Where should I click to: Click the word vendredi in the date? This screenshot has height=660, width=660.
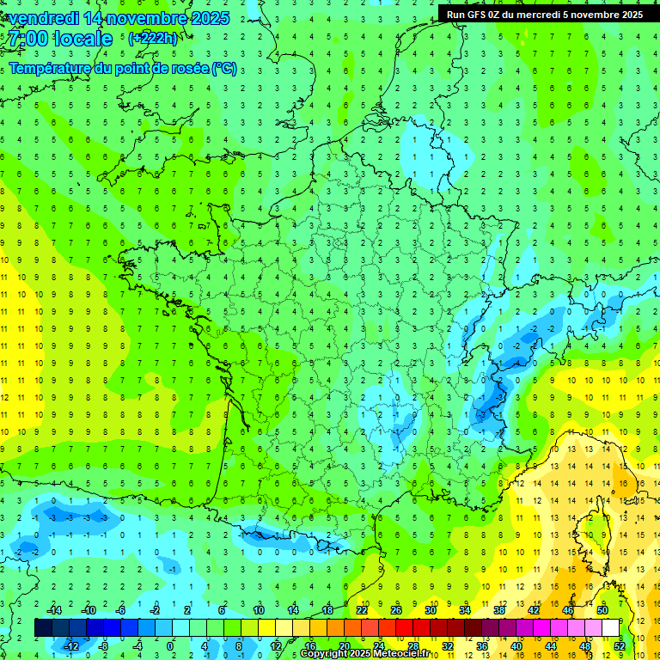coord(42,18)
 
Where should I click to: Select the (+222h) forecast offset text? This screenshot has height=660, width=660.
coord(152,38)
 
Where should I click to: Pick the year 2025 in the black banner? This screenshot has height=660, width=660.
coord(627,14)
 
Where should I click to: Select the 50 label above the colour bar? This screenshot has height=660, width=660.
coord(602,610)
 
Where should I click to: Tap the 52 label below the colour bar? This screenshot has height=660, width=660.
coord(619,645)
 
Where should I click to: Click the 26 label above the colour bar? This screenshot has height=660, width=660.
coord(396,610)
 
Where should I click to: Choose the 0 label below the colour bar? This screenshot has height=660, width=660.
coord(169,645)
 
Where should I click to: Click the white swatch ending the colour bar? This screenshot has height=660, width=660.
coord(610,628)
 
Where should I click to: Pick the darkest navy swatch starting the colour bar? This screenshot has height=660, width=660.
coord(43,628)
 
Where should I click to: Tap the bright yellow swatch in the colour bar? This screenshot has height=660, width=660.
coord(266,628)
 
